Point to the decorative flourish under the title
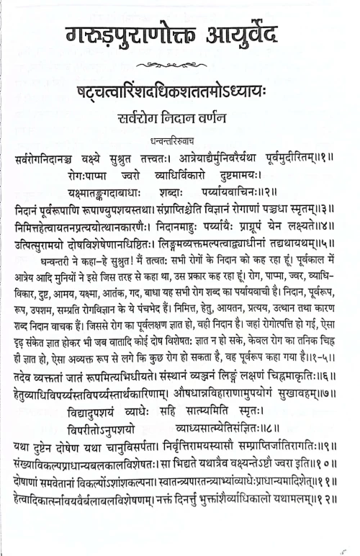click(x=179, y=64)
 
